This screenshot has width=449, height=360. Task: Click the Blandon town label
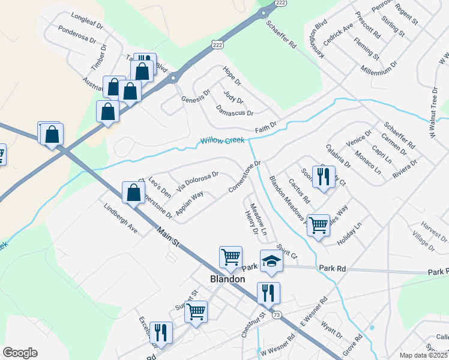click(228, 279)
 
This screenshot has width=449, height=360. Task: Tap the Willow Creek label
click(222, 140)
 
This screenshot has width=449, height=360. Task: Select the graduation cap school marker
click(271, 262)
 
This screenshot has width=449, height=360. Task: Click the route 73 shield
click(276, 314)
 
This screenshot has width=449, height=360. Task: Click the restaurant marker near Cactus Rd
click(323, 176)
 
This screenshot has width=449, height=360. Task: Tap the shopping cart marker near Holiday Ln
click(318, 225)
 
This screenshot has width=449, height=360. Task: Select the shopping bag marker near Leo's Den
click(133, 193)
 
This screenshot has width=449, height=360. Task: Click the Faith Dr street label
click(265, 126)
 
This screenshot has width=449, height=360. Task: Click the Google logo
click(20, 353)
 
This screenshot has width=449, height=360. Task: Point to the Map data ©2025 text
click(423, 355)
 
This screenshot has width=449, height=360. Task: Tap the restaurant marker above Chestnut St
click(268, 293)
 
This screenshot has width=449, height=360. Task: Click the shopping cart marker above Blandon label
click(231, 257)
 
